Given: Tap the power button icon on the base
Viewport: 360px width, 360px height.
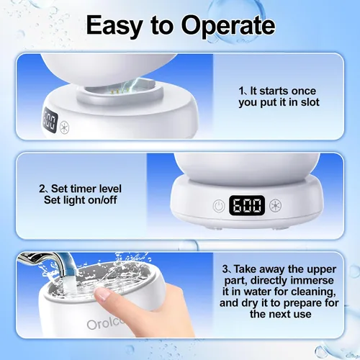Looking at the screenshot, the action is [219, 206].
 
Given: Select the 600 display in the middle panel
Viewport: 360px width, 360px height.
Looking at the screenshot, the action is [247, 206].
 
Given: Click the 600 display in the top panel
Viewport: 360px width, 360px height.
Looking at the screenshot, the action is [50, 121].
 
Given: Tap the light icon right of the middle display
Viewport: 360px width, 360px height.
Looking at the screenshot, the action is [275, 206].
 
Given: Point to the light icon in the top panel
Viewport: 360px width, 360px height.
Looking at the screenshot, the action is [64, 127].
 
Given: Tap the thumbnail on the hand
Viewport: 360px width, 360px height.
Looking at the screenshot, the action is [102, 294].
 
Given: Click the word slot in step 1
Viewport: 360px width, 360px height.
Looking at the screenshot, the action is [310, 102].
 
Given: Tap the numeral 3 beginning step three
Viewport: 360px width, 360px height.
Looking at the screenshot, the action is [225, 269].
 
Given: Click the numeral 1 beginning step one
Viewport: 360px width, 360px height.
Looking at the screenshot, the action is [241, 91].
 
